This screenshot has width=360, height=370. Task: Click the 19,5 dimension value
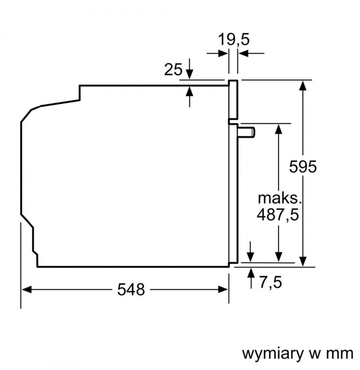(234, 40)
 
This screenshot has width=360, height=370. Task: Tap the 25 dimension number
(173, 70)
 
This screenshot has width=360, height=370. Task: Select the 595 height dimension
(303, 167)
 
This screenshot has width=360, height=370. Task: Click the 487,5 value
(278, 215)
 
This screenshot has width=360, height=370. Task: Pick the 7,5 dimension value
(271, 282)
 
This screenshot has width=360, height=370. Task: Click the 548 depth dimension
(131, 290)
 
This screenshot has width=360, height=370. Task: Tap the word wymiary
(273, 354)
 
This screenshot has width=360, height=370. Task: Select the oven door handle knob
(247, 132)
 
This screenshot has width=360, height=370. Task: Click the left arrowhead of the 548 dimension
(26, 289)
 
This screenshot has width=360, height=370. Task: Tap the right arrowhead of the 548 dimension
(223, 289)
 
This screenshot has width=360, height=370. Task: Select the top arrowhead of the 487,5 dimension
(279, 129)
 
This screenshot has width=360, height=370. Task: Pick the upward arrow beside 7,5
(251, 278)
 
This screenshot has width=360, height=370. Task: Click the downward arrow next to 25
(189, 69)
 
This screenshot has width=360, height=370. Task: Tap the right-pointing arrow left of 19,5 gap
(217, 53)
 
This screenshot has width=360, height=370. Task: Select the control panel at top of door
(233, 100)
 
